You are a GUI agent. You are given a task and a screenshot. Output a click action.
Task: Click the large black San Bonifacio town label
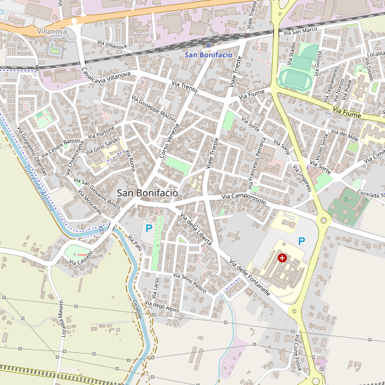tap(148, 193)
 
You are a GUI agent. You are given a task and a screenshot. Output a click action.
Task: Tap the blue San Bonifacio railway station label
tap(209, 55)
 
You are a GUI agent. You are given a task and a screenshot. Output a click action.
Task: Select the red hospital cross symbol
tap(282, 258)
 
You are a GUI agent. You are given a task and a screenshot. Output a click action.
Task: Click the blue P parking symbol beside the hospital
tap(301, 241)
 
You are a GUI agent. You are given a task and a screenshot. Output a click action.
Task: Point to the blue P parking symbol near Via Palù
tap(149, 228)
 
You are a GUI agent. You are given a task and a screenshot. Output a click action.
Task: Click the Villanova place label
tap(52, 31)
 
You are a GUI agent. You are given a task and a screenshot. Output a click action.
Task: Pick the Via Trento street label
tap(184, 85)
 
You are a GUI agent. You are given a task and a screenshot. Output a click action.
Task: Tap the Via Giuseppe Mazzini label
tap(153, 110)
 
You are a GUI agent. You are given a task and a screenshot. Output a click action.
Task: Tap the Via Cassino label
tap(81, 258)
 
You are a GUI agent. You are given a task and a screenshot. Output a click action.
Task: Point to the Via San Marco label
tap(300, 30)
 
